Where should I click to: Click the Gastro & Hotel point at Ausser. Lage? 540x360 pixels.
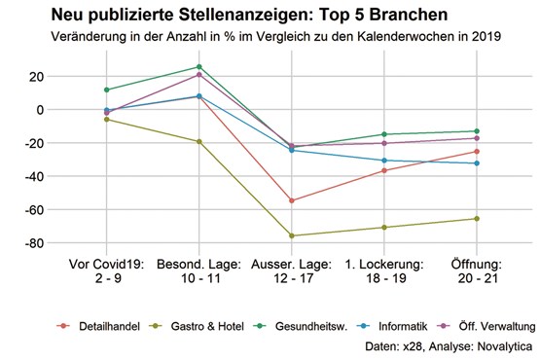[292, 235]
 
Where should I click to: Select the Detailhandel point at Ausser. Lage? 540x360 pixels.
[292, 200]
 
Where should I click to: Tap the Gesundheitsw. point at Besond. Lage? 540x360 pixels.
[199, 67]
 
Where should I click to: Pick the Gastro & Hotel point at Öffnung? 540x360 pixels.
[477, 218]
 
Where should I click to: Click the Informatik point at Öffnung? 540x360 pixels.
[477, 163]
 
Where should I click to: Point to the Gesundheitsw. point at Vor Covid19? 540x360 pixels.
[106, 90]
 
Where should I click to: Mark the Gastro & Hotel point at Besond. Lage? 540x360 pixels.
[199, 142]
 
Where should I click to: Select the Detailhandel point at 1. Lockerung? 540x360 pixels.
[384, 170]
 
